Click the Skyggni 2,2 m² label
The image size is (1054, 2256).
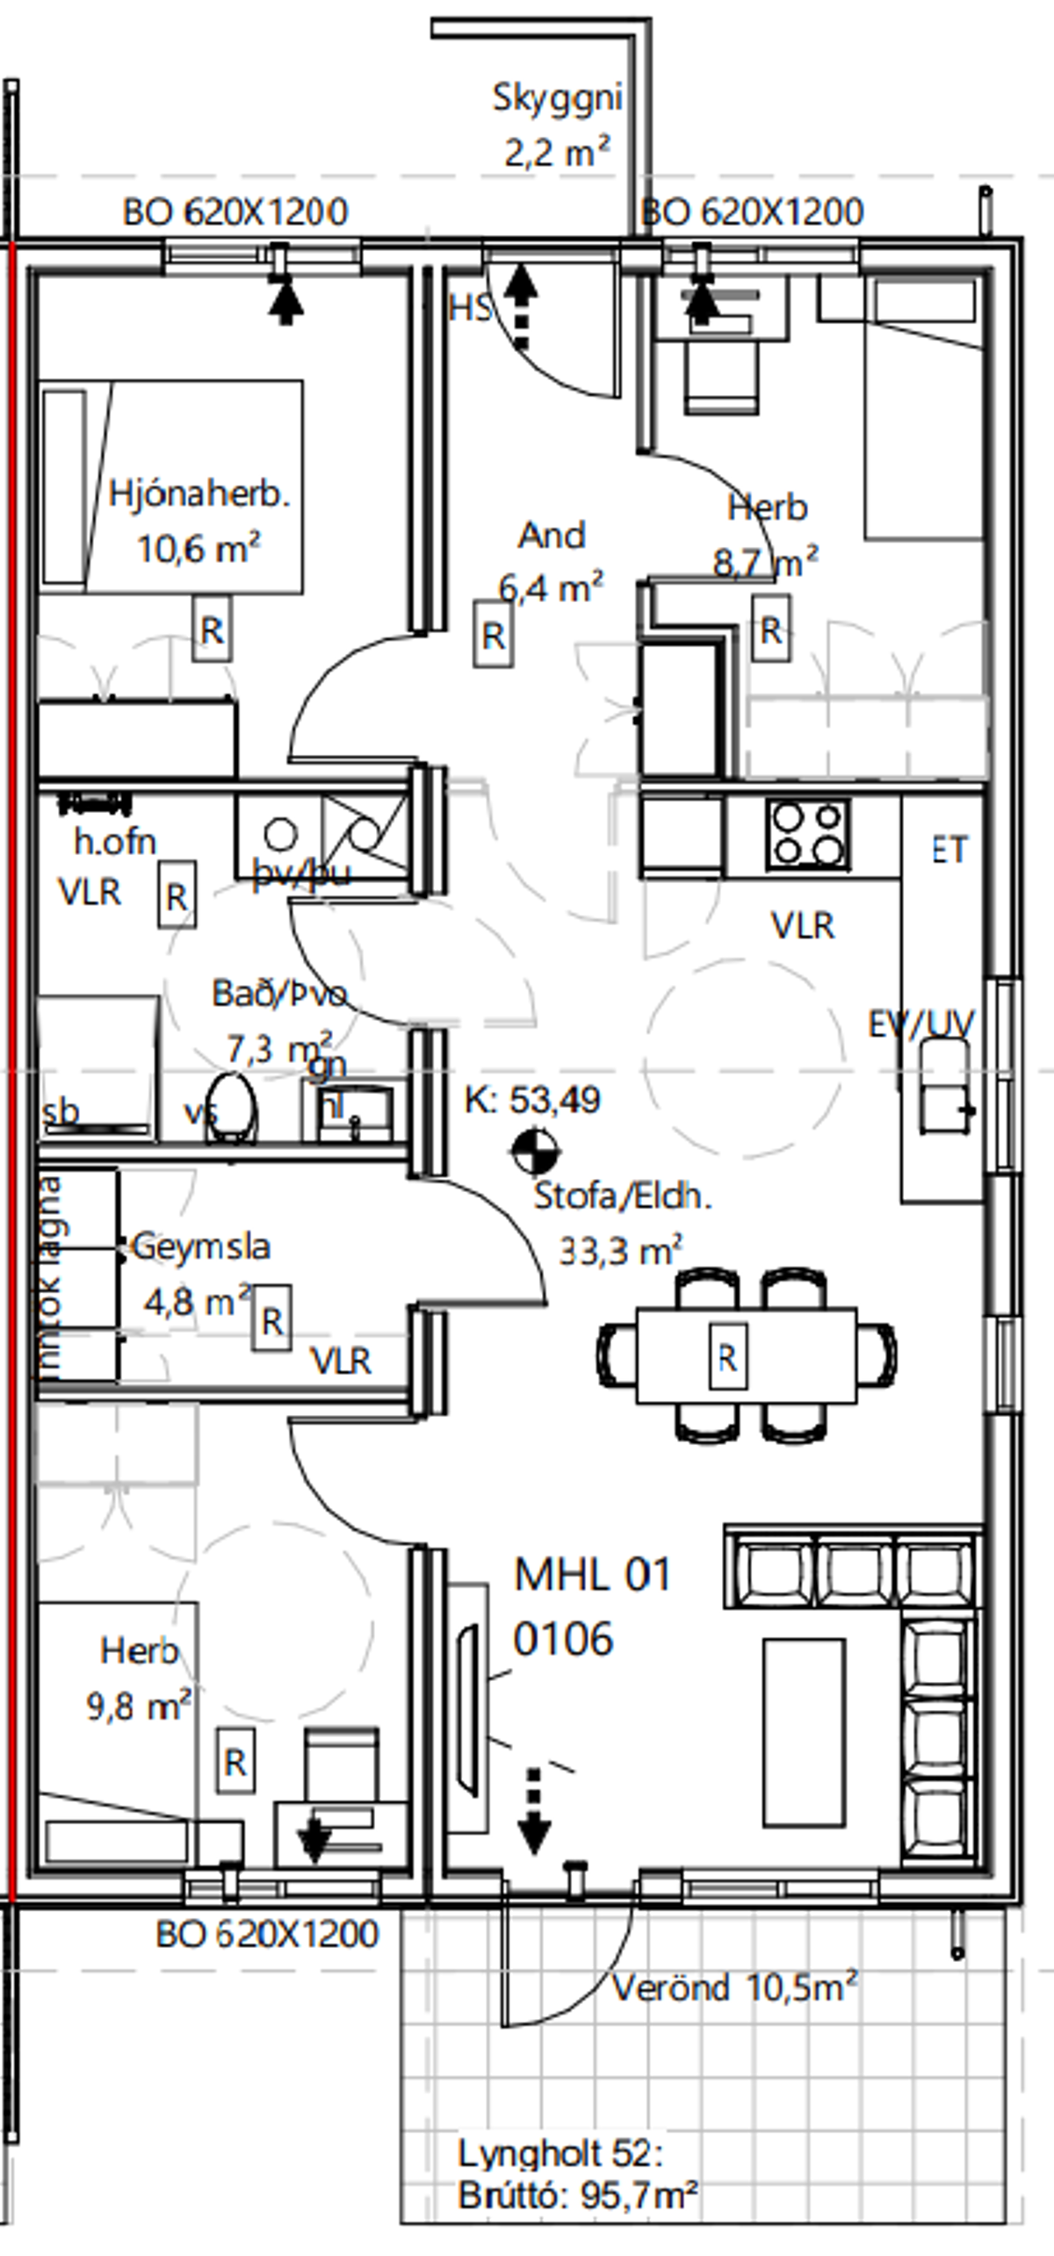tap(557, 125)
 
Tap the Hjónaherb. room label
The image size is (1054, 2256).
tap(199, 494)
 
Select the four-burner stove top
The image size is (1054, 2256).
tap(808, 834)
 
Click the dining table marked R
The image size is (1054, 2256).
tap(746, 1357)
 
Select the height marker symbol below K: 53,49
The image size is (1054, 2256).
tap(535, 1153)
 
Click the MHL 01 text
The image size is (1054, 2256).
tap(592, 1575)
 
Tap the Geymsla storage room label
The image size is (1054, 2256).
tap(201, 1247)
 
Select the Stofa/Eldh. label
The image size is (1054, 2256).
tap(623, 1196)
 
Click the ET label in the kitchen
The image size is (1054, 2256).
tap(949, 850)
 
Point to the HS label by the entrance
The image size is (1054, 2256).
tap(470, 308)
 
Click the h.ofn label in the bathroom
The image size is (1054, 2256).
tap(115, 842)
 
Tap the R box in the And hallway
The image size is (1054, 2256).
tap(493, 635)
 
